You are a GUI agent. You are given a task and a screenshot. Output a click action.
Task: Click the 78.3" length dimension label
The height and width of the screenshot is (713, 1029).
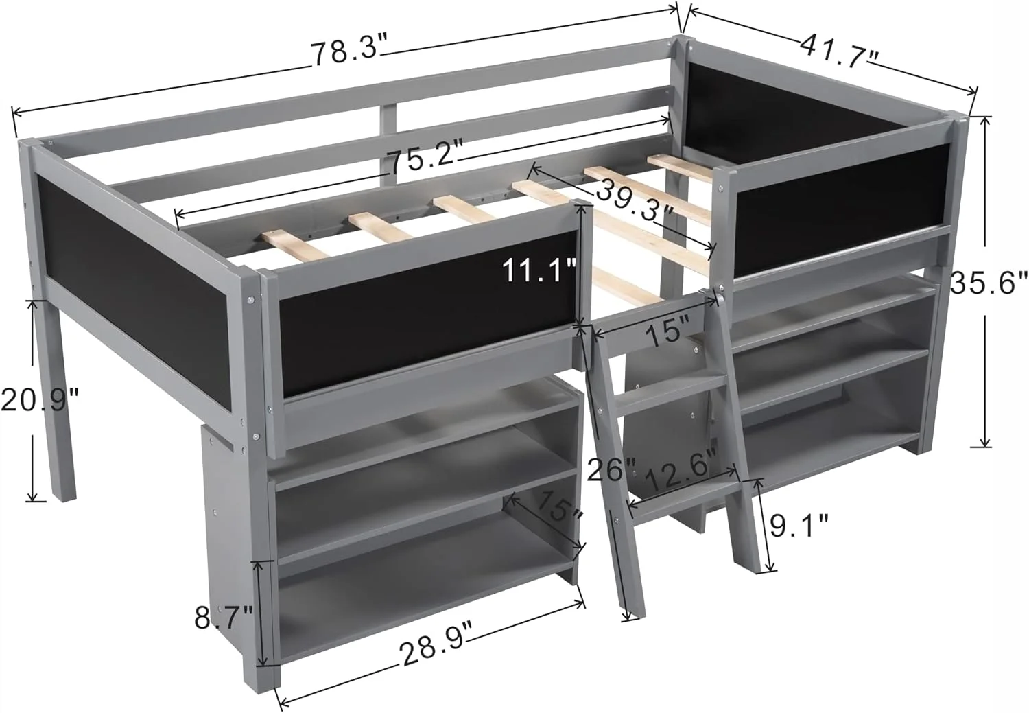click(348, 52)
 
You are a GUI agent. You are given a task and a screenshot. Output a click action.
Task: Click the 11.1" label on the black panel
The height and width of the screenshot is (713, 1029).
click(539, 270)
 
